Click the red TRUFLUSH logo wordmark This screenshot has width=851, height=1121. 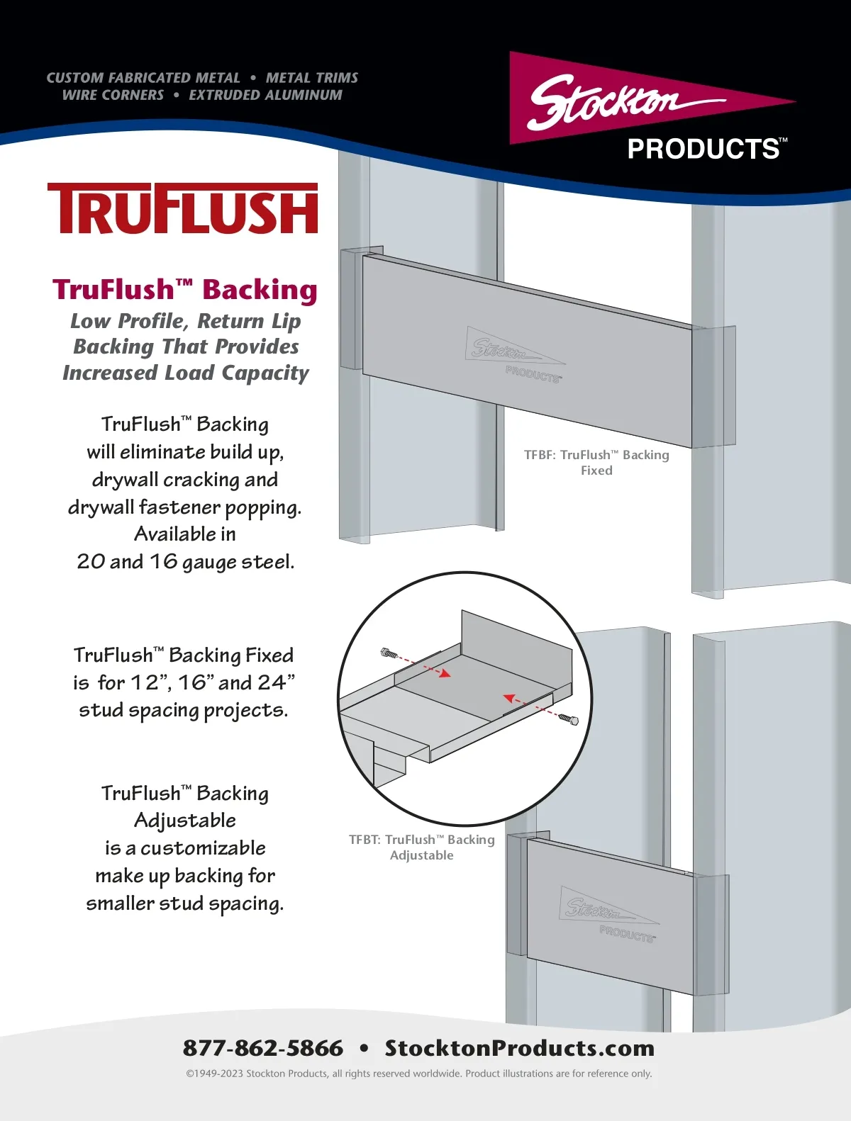point(182,209)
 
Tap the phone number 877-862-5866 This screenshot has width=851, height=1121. point(262,1048)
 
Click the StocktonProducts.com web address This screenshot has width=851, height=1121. point(519,1048)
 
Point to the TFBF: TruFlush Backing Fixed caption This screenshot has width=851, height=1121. point(596,462)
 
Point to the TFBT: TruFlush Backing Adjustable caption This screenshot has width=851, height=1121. point(421,847)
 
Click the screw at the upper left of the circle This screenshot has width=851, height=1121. point(389,653)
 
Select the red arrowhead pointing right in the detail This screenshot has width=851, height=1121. point(445,673)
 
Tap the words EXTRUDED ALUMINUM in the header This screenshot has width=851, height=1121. point(265,95)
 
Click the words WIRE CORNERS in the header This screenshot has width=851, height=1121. point(113,95)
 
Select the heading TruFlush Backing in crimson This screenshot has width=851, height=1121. point(184,290)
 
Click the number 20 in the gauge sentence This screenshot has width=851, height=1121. point(91,561)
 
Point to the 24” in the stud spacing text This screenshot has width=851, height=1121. point(276,682)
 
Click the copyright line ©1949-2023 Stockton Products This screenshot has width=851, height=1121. point(418,1074)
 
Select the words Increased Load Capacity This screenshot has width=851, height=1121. point(185,373)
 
